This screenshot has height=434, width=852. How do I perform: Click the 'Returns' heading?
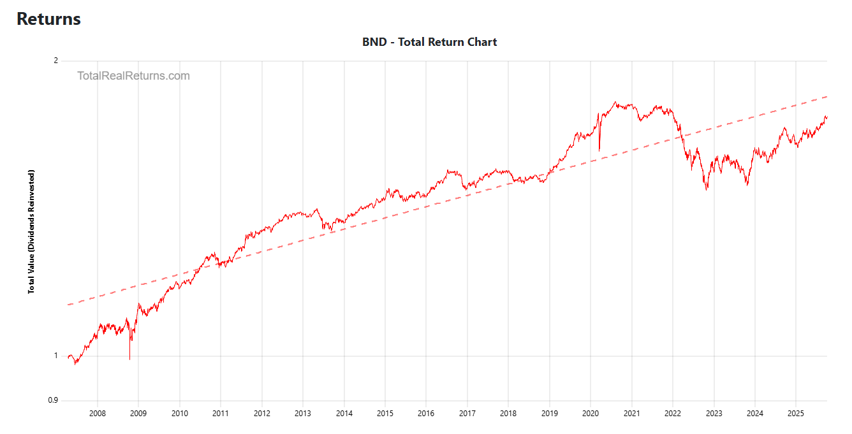tap(48, 19)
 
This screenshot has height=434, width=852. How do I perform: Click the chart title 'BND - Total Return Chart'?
tap(429, 42)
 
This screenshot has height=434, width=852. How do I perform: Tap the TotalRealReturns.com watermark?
tap(133, 76)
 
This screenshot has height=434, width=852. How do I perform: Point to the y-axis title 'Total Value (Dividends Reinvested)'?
tap(31, 231)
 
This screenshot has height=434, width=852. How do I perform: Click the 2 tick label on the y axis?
tap(55, 61)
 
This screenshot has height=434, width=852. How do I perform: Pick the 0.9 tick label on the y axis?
tap(52, 401)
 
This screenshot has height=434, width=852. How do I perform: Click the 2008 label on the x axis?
tap(97, 413)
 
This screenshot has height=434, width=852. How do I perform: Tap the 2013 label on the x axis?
tap(302, 413)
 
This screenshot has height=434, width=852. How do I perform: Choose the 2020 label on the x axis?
tap(590, 413)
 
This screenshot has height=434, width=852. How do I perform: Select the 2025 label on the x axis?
tap(795, 413)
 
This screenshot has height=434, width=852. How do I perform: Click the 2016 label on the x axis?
tap(425, 413)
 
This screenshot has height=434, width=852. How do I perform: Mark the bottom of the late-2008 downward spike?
tap(129, 359)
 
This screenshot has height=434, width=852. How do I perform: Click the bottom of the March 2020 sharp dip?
tap(599, 151)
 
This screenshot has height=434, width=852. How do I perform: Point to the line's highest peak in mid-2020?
tap(615, 102)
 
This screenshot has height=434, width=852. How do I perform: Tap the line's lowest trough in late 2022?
tap(707, 190)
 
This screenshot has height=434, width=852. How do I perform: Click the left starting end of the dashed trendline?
tap(68, 305)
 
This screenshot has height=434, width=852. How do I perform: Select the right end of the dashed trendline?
tap(827, 96)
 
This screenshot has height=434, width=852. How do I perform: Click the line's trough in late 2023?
tap(747, 185)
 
